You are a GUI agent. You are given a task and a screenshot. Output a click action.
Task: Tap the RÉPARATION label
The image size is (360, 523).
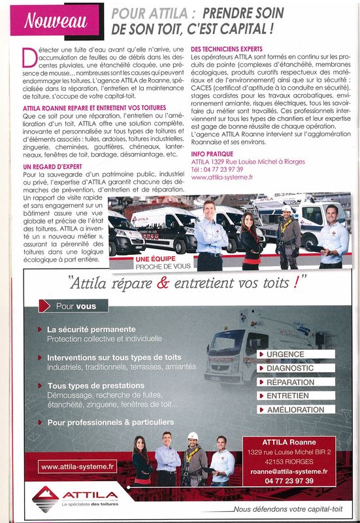point(295,382)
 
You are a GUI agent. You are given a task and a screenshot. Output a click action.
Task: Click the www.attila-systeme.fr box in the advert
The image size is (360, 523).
point(78,467)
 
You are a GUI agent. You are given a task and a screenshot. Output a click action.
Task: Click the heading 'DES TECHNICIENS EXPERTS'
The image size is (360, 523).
point(226,49)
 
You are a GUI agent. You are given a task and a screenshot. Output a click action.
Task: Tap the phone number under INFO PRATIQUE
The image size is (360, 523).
point(217,169)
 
